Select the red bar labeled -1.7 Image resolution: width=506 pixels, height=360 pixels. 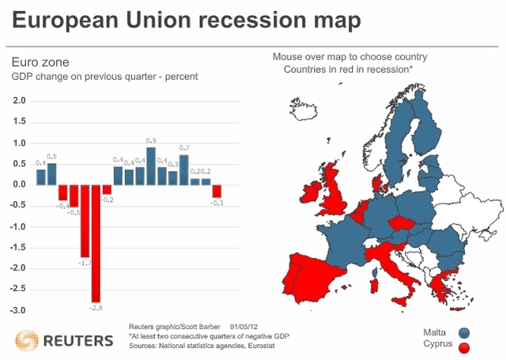click(x=85, y=221)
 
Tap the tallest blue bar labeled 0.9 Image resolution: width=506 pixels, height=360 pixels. click(x=151, y=165)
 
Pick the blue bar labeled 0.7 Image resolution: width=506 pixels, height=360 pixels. click(x=184, y=169)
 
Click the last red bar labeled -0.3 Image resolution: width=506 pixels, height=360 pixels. click(x=217, y=191)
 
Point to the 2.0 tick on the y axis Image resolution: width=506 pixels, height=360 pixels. click(x=20, y=101)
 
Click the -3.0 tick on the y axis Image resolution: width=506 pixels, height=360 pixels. click(x=18, y=310)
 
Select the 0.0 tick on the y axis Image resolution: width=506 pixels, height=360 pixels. click(x=20, y=185)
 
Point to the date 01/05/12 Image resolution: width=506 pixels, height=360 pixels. click(x=244, y=326)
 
